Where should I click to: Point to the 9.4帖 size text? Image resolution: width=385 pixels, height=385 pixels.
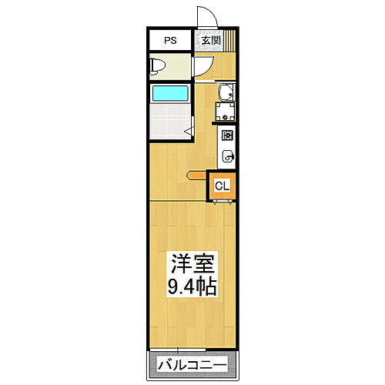[192, 286]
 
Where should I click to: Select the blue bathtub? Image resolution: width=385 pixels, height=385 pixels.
[171, 95]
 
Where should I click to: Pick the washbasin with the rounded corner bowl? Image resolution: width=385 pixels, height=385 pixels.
[224, 95]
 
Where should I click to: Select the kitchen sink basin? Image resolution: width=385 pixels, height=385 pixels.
[228, 156]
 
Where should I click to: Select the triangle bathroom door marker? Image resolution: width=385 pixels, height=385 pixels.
[186, 132]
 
